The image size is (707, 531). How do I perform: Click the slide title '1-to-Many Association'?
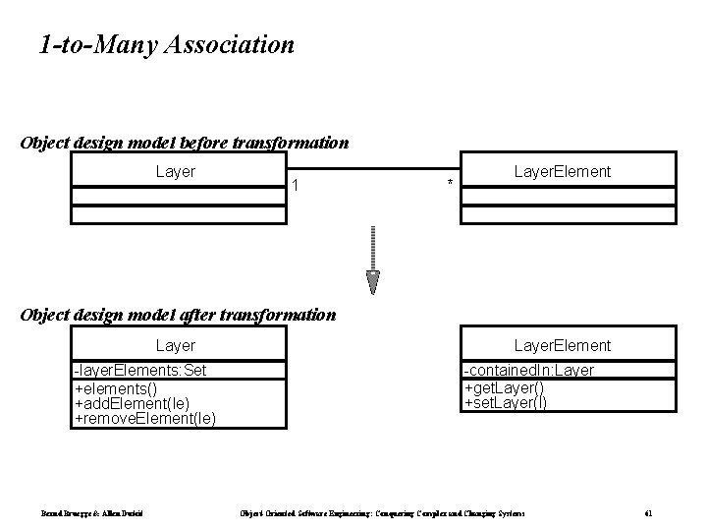point(166,44)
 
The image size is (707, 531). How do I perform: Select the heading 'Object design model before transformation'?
point(184,143)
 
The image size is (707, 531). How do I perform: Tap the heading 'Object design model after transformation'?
point(178,316)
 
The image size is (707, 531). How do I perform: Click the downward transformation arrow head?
point(373,282)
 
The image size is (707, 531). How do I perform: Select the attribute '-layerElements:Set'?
point(139,370)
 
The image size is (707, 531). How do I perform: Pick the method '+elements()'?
point(117,386)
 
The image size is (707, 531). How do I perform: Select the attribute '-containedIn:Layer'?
point(528,370)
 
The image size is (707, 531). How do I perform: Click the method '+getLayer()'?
point(505,386)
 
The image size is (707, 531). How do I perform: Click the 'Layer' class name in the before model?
point(176,172)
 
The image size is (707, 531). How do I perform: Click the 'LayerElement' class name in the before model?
point(563,172)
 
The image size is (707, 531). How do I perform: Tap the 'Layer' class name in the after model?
point(176,345)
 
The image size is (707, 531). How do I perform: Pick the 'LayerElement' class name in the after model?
point(563,345)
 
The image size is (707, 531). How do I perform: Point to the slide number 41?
point(648,514)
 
